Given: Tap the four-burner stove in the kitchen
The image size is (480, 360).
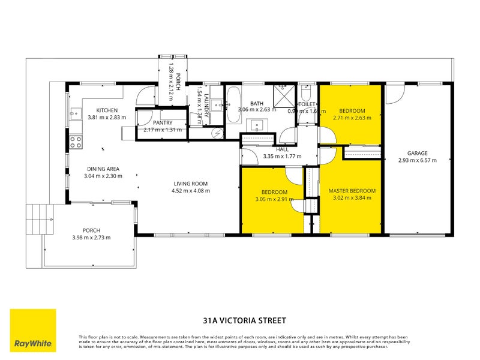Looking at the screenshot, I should coord(76,142).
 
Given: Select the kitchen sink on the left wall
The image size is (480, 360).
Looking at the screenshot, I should coord(75,112).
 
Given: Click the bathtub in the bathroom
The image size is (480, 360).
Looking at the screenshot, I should coord(233,97).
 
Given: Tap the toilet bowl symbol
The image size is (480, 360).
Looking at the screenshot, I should coord(306,95).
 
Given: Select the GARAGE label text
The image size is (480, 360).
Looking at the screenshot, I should coord(417,153).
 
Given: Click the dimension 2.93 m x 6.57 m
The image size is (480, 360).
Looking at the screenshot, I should coord(417,160).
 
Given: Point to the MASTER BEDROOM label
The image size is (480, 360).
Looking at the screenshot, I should coord(352,191).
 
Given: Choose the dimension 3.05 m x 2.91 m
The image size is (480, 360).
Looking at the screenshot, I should coord(274,199).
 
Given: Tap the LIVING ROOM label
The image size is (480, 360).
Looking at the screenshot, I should coord(191,184).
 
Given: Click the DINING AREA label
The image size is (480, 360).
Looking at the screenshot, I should coord(103,169).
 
